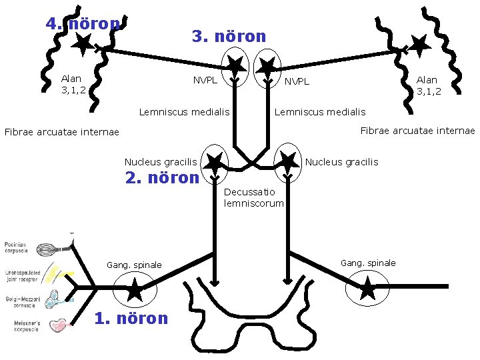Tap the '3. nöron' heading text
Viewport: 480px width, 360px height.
pos(229,36)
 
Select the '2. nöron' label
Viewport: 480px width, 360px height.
pos(162,178)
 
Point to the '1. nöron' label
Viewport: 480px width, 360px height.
pos(131,318)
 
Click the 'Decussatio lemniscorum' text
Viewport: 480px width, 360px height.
pos(254,197)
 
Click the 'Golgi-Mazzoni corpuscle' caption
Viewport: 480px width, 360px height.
pos(21,302)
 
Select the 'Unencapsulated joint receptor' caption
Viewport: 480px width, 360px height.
pos(21,276)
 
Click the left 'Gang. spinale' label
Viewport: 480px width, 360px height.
pos(134,265)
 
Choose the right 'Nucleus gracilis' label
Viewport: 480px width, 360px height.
pos(341,162)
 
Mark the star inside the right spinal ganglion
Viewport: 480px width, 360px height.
pos(367,289)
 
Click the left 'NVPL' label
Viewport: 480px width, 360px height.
pos(205,81)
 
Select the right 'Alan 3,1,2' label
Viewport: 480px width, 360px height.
pos(429,85)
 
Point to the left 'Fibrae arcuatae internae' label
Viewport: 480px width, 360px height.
pos(61,132)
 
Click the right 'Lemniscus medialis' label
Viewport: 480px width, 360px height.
pos(320,112)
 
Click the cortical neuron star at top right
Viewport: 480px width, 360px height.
pos(418,45)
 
